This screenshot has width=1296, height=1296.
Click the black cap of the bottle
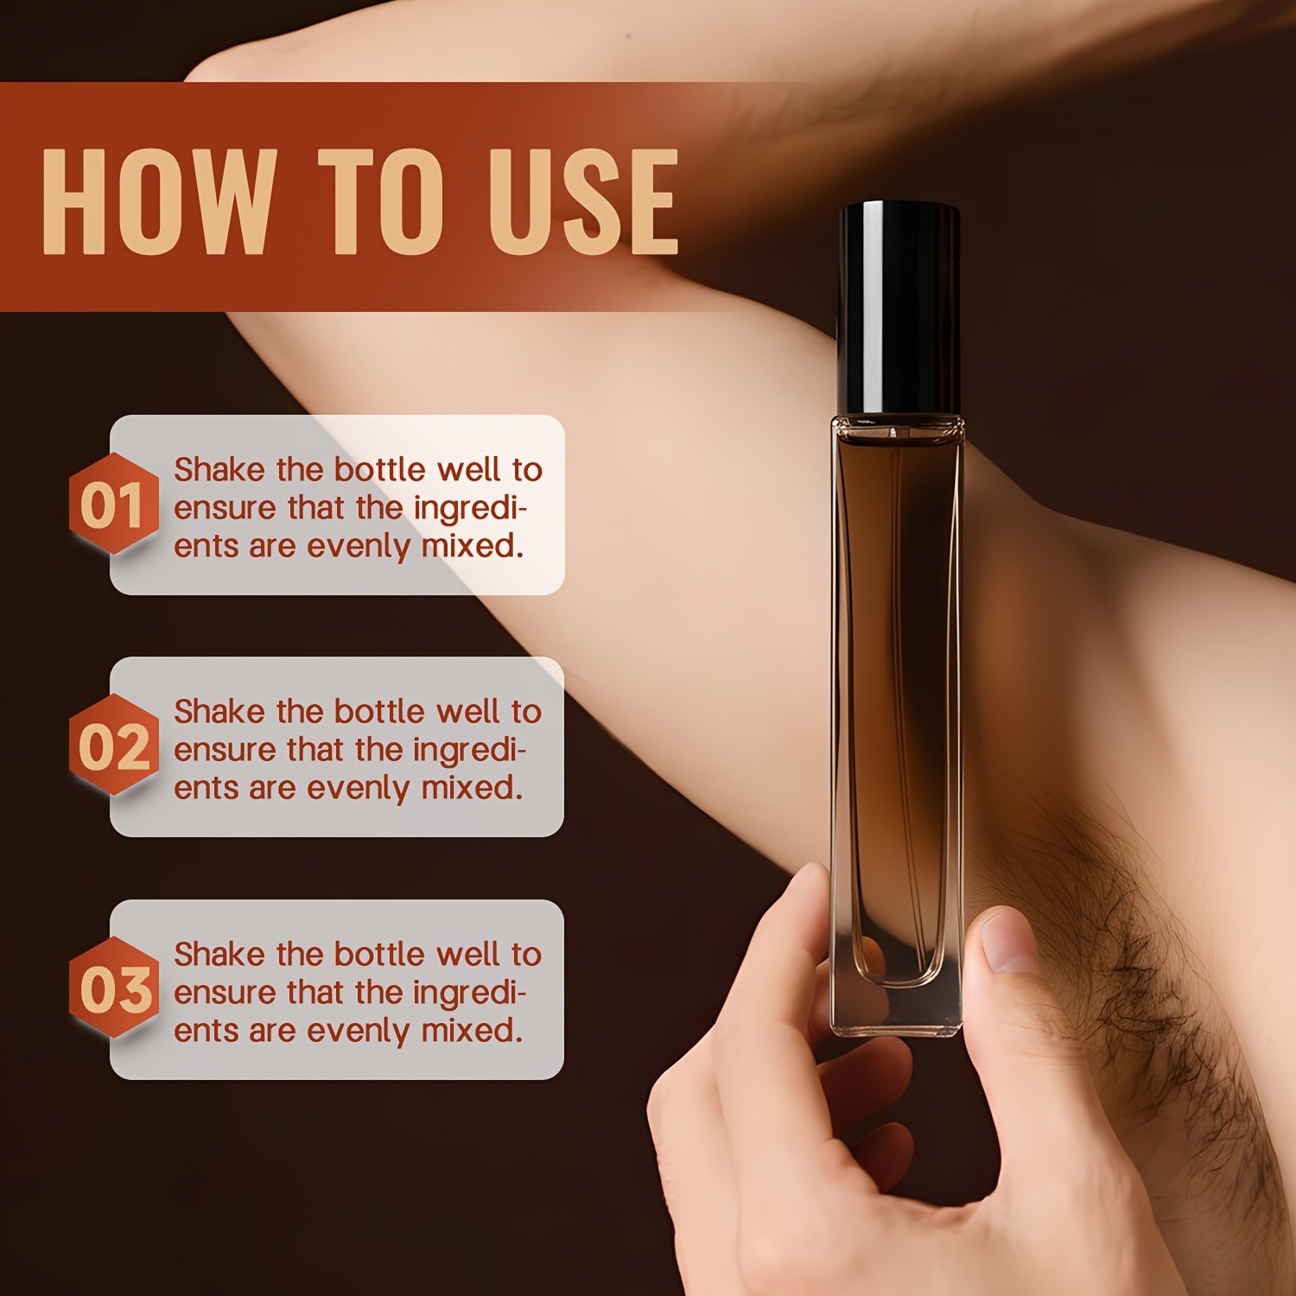pos(899,307)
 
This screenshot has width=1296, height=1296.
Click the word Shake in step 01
pos(219,470)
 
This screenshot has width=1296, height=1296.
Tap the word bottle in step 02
pos(380,712)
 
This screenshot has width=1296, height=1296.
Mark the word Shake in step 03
pos(219,955)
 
